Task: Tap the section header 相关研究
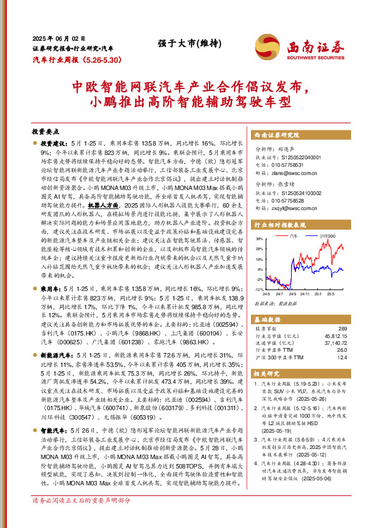point(265,373)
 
